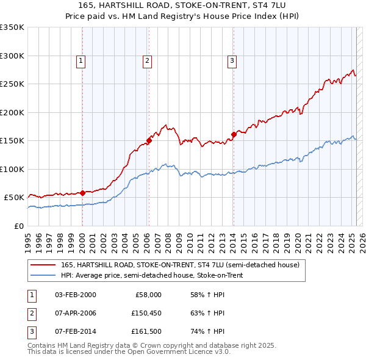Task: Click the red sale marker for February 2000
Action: coord(82,193)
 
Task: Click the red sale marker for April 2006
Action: coord(149,140)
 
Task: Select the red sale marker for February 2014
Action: coord(234,134)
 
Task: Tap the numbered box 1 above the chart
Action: coord(81,60)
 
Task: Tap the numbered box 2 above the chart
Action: coord(148,60)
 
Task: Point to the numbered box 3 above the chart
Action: coord(232,60)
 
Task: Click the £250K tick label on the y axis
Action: coord(12,84)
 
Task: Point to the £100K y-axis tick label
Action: coord(12,169)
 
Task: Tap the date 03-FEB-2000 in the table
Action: coord(75,295)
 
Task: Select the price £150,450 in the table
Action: coord(145,314)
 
